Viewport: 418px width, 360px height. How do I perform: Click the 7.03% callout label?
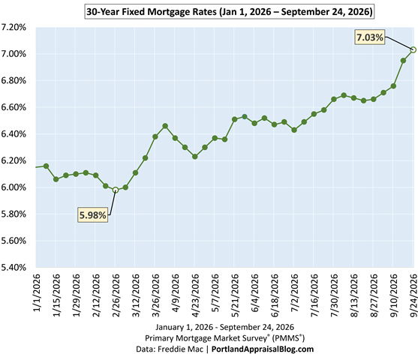point(370,37)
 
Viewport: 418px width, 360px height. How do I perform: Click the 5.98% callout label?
point(93,214)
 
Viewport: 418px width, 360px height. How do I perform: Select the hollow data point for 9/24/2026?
point(413,49)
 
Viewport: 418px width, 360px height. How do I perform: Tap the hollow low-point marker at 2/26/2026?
point(116,190)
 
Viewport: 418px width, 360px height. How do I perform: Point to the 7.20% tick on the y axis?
point(14,27)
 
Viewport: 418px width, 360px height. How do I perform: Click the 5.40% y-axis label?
point(14,267)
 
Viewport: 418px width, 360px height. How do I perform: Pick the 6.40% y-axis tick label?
point(14,134)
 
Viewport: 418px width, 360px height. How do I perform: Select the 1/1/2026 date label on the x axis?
point(37,292)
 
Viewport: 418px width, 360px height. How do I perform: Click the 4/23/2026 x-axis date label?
point(195,295)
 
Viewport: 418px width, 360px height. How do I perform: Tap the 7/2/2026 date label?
point(295,292)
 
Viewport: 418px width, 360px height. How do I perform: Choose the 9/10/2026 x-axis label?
point(394,295)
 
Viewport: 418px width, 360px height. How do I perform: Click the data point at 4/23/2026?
point(195,157)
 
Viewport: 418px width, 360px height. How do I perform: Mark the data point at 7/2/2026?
point(294,130)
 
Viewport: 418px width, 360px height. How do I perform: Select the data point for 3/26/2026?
point(155,136)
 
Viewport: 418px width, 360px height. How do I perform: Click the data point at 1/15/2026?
point(56,179)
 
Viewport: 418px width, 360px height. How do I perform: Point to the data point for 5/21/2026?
point(235,119)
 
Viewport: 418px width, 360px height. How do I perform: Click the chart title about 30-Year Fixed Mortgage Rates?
point(229,12)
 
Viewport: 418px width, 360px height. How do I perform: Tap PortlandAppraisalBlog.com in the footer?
point(263,349)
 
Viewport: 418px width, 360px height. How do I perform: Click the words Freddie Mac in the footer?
point(180,349)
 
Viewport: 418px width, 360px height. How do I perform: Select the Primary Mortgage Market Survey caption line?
point(224,338)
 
